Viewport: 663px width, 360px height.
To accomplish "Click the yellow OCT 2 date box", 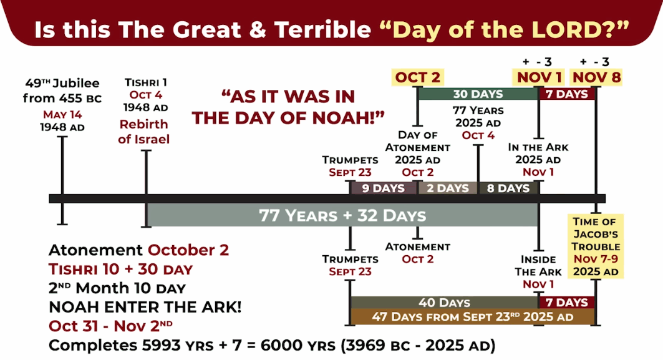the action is pyautogui.click(x=418, y=77).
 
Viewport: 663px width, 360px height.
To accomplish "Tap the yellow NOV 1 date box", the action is pyautogui.click(x=539, y=77).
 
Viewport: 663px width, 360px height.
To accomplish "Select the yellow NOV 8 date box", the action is pyautogui.click(x=596, y=77).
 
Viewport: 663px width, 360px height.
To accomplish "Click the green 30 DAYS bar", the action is pyautogui.click(x=478, y=94).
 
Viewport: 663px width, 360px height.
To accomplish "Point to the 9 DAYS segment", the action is pyautogui.click(x=384, y=188).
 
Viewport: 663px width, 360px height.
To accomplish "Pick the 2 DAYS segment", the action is pyautogui.click(x=448, y=188).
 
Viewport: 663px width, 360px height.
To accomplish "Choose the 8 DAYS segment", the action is pyautogui.click(x=508, y=188).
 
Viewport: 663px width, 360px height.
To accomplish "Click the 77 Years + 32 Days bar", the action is pyautogui.click(x=342, y=215).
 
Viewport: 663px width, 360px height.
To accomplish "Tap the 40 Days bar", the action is pyautogui.click(x=445, y=303).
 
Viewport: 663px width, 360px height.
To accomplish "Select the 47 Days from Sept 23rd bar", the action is pyautogui.click(x=473, y=317).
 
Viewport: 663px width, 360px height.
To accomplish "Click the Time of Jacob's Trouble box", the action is pyautogui.click(x=596, y=246).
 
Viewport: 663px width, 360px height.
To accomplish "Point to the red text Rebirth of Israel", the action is pyautogui.click(x=143, y=132).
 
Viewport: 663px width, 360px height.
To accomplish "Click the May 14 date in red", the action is pyautogui.click(x=62, y=115).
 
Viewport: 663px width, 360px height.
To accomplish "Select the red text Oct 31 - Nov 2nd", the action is pyautogui.click(x=111, y=326).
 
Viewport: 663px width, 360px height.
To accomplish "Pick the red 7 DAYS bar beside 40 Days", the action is pyautogui.click(x=567, y=303).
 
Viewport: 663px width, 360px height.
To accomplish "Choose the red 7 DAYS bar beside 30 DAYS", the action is pyautogui.click(x=567, y=94).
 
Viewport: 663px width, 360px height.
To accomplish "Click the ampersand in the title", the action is pyautogui.click(x=258, y=29).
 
